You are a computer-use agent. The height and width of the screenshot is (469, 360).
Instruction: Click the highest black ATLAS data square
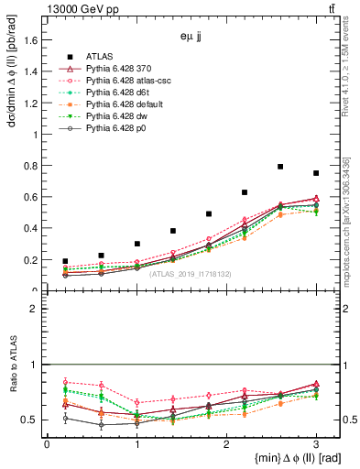coord(280,167)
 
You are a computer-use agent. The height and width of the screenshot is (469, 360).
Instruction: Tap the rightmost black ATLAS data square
coord(316,173)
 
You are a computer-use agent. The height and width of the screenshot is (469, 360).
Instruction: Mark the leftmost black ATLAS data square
coord(65,261)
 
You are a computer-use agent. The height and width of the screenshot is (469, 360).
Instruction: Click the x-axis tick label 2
coord(226,443)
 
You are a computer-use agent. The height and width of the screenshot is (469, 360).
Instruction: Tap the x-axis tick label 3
coord(316,443)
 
